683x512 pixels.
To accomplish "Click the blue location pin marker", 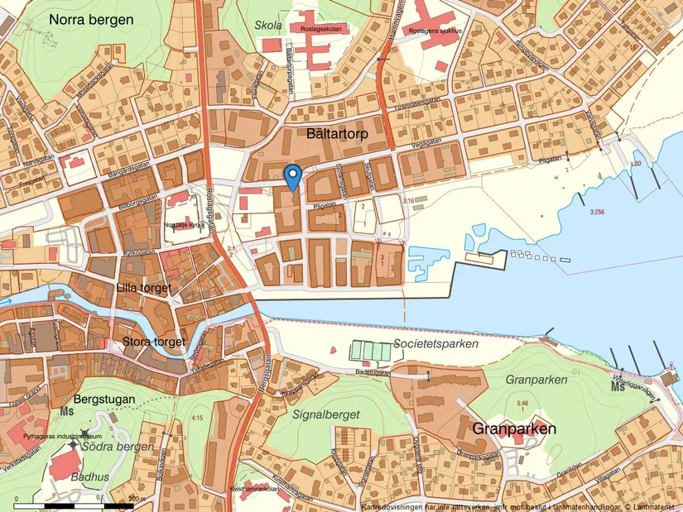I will [291, 176].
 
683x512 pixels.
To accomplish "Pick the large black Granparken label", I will [513, 429].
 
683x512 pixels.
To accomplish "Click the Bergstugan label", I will [104, 399].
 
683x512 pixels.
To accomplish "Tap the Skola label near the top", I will [269, 26].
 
